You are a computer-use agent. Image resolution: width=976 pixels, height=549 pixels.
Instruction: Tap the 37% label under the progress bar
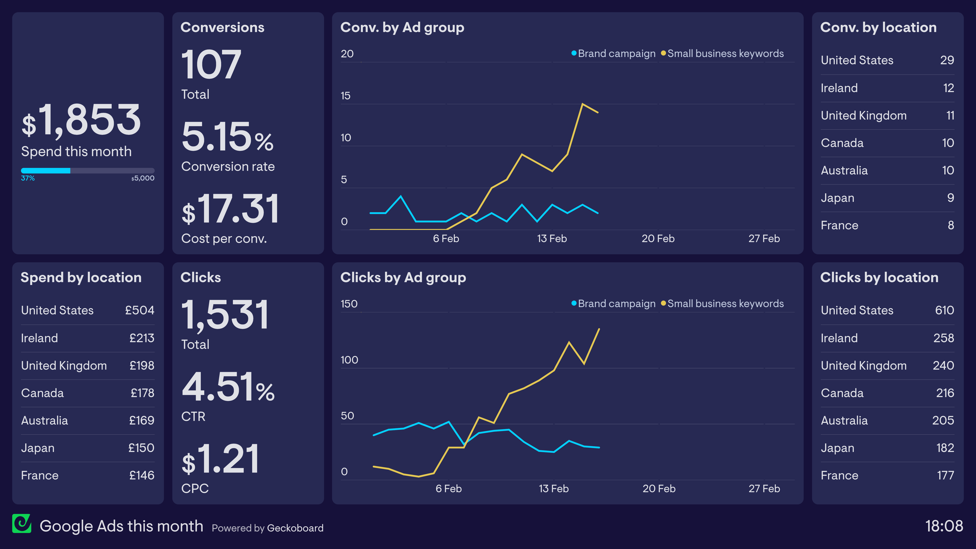[x=28, y=178]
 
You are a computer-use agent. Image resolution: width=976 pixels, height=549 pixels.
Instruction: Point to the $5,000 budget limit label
[x=143, y=178]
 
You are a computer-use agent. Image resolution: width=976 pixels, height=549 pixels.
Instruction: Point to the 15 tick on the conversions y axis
[x=346, y=96]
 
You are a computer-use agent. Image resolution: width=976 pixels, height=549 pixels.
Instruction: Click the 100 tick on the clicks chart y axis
[x=349, y=360]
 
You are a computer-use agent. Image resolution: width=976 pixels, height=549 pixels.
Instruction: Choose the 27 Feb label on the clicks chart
[x=764, y=489]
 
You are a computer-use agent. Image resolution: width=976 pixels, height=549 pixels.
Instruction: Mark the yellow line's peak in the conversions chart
[x=582, y=104]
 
